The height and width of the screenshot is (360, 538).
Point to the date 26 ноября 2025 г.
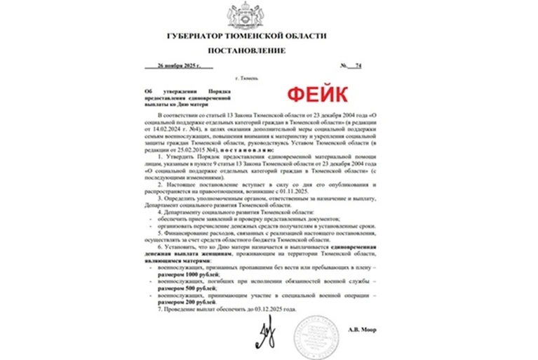tap(179, 66)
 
